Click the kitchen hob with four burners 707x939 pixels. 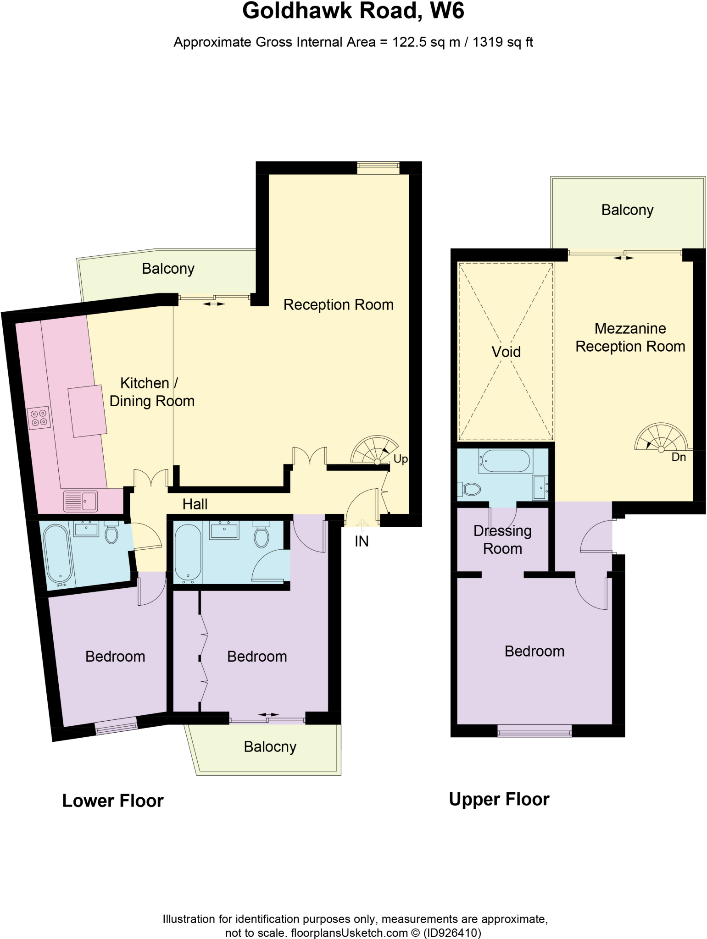click(x=39, y=418)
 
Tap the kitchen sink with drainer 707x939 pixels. click(x=80, y=501)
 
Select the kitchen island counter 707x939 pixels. click(x=87, y=411)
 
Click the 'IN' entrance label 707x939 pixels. click(x=362, y=541)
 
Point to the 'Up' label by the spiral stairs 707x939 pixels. click(x=401, y=459)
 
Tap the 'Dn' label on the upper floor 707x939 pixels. click(x=679, y=457)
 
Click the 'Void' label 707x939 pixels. click(x=506, y=352)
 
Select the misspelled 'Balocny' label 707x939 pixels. click(x=270, y=747)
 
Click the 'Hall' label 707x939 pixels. click(x=195, y=504)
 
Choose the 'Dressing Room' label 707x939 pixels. click(x=502, y=540)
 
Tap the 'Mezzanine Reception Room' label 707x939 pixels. click(x=630, y=337)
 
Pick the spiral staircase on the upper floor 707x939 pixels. click(x=661, y=437)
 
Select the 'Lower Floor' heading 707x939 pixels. click(x=113, y=801)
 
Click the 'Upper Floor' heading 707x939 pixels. click(x=499, y=799)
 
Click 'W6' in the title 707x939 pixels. click(x=447, y=11)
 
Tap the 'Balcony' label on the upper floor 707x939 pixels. click(x=627, y=210)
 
